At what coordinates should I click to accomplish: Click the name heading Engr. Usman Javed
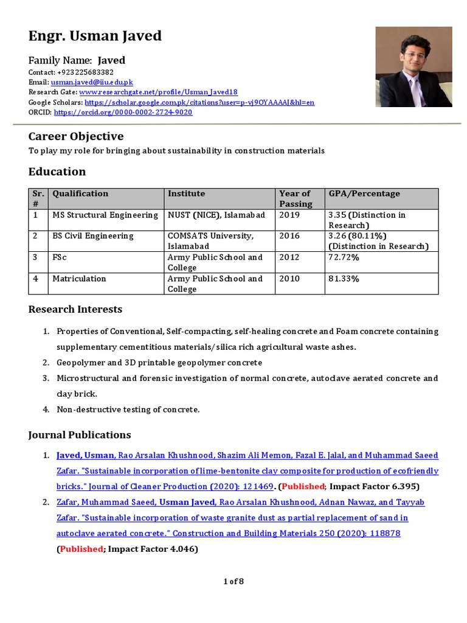point(95,37)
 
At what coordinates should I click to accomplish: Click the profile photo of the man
point(413,67)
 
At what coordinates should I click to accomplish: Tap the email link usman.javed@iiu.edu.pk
point(92,82)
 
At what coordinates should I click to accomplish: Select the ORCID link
point(123,113)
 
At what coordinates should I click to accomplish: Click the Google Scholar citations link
point(199,102)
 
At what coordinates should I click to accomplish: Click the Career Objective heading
point(76,136)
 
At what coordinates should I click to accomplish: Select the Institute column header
point(186,193)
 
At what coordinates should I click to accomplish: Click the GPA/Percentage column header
point(364,193)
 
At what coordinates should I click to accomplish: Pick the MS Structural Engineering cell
point(105,215)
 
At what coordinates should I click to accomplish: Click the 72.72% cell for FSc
point(344,257)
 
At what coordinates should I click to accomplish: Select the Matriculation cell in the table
point(79,279)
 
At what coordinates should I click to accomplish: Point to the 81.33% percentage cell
point(344,279)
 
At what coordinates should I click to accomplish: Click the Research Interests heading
point(75,310)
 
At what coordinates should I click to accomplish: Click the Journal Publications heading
point(80,435)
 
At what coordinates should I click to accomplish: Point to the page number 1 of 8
point(233,582)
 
